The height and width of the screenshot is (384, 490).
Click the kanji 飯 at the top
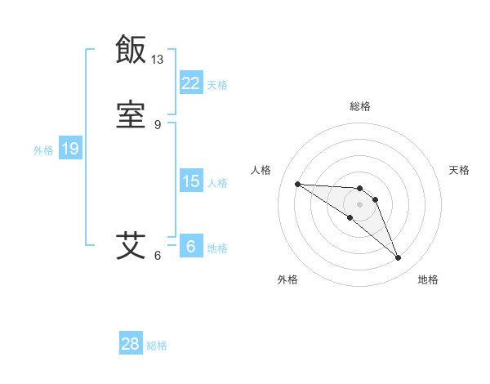[131, 51]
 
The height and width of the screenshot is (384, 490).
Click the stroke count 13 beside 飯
[158, 60]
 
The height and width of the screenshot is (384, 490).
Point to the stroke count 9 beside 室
[158, 124]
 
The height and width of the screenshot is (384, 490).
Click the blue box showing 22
[191, 83]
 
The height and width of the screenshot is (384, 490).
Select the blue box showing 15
[191, 181]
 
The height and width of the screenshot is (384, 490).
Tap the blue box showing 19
[70, 149]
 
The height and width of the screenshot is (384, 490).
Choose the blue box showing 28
[131, 344]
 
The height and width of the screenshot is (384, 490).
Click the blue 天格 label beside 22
[217, 85]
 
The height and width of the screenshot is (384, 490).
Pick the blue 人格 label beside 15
[217, 183]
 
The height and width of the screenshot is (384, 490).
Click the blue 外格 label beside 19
[43, 150]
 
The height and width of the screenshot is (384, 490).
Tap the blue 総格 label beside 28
[157, 346]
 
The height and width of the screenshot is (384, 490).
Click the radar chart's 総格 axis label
[360, 106]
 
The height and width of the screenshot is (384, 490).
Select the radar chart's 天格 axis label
[459, 170]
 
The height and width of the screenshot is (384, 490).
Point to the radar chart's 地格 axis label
[428, 279]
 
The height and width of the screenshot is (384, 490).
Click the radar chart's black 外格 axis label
[287, 279]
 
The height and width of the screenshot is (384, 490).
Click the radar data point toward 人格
[297, 184]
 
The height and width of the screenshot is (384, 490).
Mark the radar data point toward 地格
[399, 258]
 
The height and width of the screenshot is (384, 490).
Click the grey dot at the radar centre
[360, 204]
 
